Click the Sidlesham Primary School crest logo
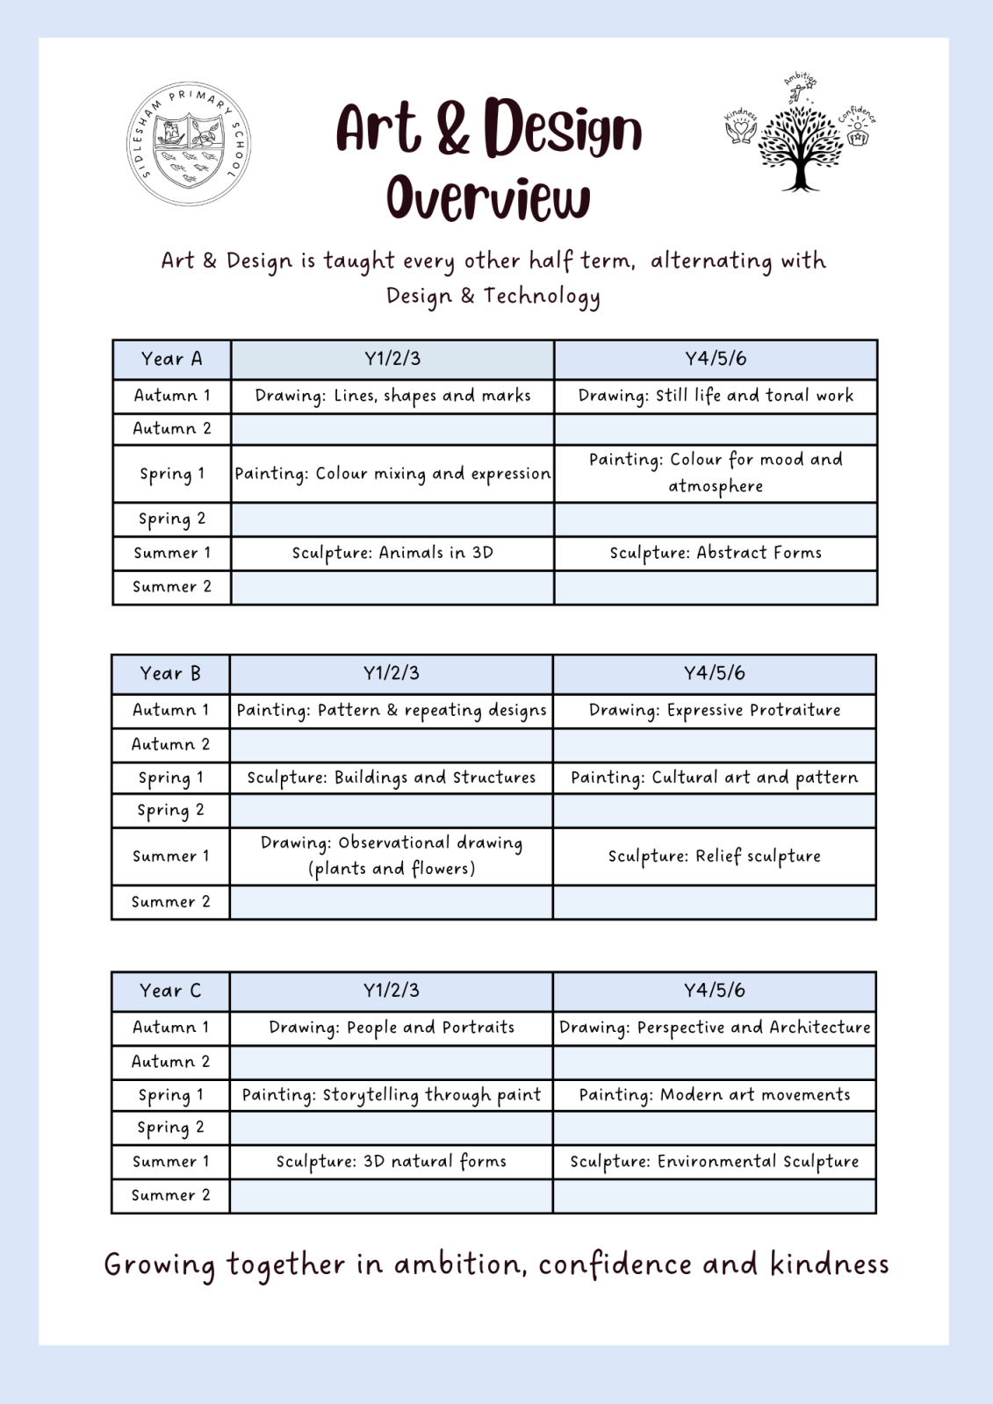click(189, 144)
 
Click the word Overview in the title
click(488, 198)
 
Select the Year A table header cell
click(172, 359)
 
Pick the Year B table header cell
click(170, 674)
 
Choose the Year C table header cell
click(170, 991)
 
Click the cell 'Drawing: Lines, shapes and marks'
click(392, 396)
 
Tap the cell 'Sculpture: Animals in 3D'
click(392, 553)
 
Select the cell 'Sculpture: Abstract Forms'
click(716, 553)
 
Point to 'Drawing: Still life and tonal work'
click(716, 396)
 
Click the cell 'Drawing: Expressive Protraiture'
click(715, 710)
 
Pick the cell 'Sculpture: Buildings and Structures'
click(392, 777)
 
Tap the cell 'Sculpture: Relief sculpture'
click(715, 856)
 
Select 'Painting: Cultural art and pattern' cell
click(715, 777)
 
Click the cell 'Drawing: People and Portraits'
click(392, 1028)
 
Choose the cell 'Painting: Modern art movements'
click(715, 1095)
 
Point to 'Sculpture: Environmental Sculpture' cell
click(715, 1162)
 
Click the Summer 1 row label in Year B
click(170, 856)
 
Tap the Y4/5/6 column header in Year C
click(715, 991)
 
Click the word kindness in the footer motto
click(829, 1264)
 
